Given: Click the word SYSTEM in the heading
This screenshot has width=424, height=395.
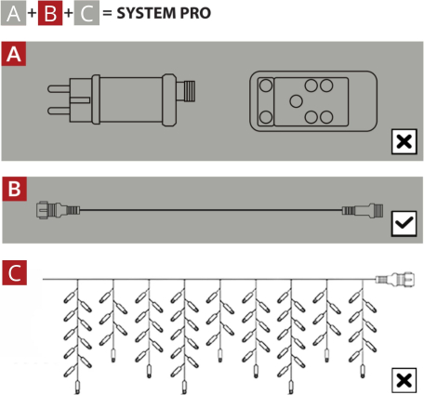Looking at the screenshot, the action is pyautogui.click(x=145, y=13).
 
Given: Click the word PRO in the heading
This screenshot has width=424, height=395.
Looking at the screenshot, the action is pyautogui.click(x=195, y=13).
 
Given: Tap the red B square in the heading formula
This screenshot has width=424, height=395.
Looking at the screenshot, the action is pyautogui.click(x=50, y=13).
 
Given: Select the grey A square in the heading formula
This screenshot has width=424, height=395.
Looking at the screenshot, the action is pyautogui.click(x=13, y=13).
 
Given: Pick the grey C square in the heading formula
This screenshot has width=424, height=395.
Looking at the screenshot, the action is pyautogui.click(x=86, y=13).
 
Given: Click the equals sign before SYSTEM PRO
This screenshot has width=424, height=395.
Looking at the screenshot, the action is pyautogui.click(x=107, y=13).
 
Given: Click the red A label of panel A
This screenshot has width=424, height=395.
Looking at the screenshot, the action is pyautogui.click(x=14, y=54).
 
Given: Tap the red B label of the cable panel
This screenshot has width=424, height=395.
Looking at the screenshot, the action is pyautogui.click(x=15, y=189).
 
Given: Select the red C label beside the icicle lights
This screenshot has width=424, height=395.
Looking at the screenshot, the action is pyautogui.click(x=15, y=272).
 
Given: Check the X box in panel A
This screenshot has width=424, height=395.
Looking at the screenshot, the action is pyautogui.click(x=404, y=141).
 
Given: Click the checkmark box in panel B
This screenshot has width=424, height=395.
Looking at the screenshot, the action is pyautogui.click(x=404, y=223).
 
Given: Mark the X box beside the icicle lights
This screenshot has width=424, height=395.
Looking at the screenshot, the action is pyautogui.click(x=404, y=380).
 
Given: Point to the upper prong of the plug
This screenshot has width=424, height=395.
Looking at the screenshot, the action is pyautogui.click(x=59, y=89).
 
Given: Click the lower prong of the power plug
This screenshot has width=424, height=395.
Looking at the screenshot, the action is pyautogui.click(x=59, y=111).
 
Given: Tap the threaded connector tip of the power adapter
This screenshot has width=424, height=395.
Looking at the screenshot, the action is pyautogui.click(x=189, y=91).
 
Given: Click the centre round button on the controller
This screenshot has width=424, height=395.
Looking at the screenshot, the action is pyautogui.click(x=296, y=101).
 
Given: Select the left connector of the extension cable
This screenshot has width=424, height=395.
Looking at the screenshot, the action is pyautogui.click(x=58, y=210).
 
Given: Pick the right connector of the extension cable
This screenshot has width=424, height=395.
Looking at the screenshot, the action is pyautogui.click(x=363, y=211).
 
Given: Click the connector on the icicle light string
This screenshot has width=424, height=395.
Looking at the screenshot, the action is pyautogui.click(x=395, y=280).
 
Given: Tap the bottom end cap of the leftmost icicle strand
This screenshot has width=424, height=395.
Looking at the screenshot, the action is pyautogui.click(x=77, y=388).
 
